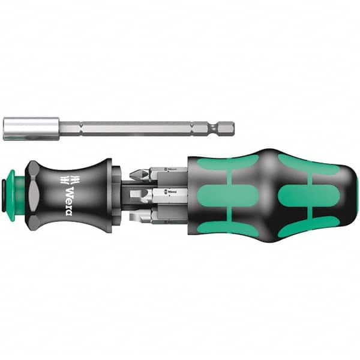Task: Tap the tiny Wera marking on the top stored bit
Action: coord(173,172)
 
